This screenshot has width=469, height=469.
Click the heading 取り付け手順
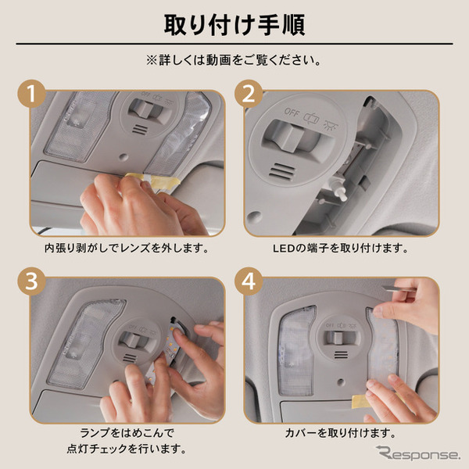tap(234, 23)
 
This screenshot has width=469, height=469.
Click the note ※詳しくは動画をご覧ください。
tap(234, 59)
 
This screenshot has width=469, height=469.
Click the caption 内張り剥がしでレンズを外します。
tap(127, 248)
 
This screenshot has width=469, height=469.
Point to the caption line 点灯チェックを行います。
tap(127, 449)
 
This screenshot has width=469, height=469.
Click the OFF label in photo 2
tap(292, 112)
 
